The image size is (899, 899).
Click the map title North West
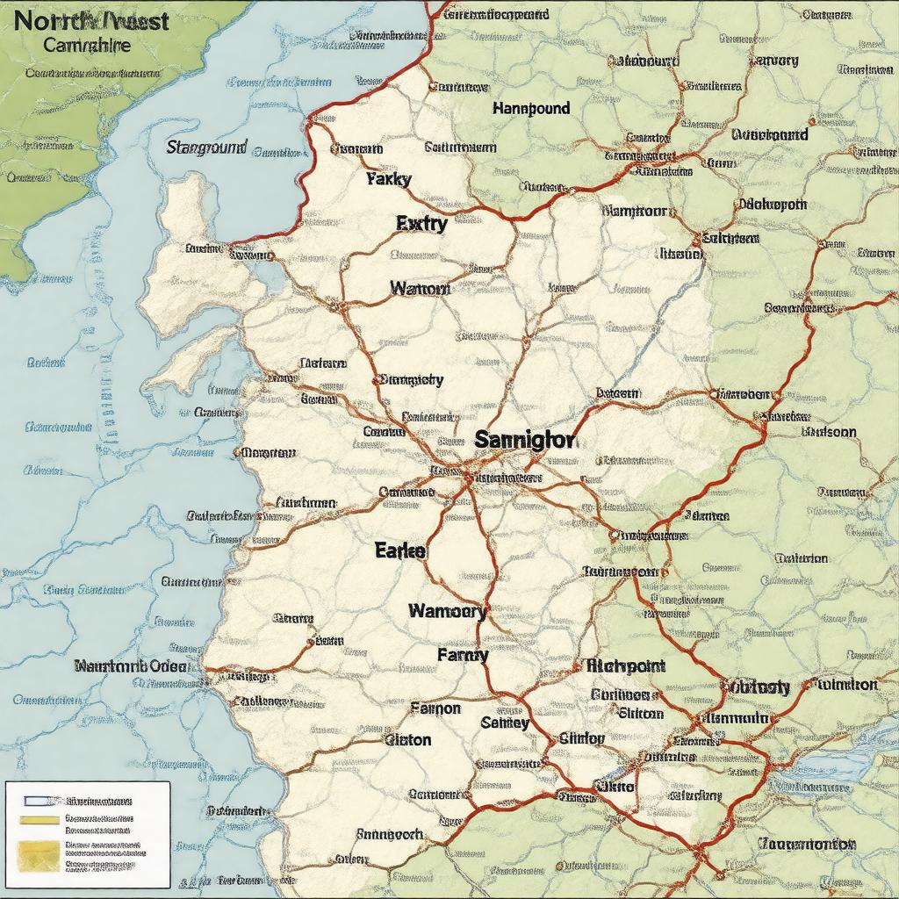[x=92, y=20]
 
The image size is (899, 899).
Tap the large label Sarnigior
[x=525, y=439]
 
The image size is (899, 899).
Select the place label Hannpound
[x=530, y=109]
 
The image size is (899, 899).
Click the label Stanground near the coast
[x=206, y=147]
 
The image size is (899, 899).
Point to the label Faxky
[x=388, y=179]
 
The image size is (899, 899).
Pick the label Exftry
[x=421, y=223]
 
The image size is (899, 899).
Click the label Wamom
[x=420, y=288]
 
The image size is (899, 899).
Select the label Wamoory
[x=447, y=611]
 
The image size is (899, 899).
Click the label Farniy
[x=462, y=654]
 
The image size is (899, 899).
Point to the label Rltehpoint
[x=624, y=666]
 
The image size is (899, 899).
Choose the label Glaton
[x=408, y=739]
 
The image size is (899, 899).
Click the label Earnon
[x=435, y=708]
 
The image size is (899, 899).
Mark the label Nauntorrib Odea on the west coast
[x=131, y=666]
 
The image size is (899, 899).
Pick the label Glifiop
[x=581, y=738]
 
